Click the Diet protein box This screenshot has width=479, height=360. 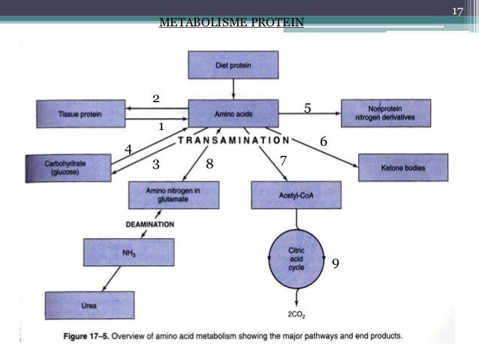233,65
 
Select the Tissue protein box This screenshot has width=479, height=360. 80,113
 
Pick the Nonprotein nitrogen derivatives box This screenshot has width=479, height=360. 386,113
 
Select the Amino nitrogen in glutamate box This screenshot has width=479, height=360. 173,196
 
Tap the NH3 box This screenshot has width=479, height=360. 129,253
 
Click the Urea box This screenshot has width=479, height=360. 89,306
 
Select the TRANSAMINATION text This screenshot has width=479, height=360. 233,141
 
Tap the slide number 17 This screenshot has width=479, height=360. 456,12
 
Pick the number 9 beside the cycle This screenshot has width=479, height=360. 335,264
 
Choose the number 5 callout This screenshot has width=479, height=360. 307,109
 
